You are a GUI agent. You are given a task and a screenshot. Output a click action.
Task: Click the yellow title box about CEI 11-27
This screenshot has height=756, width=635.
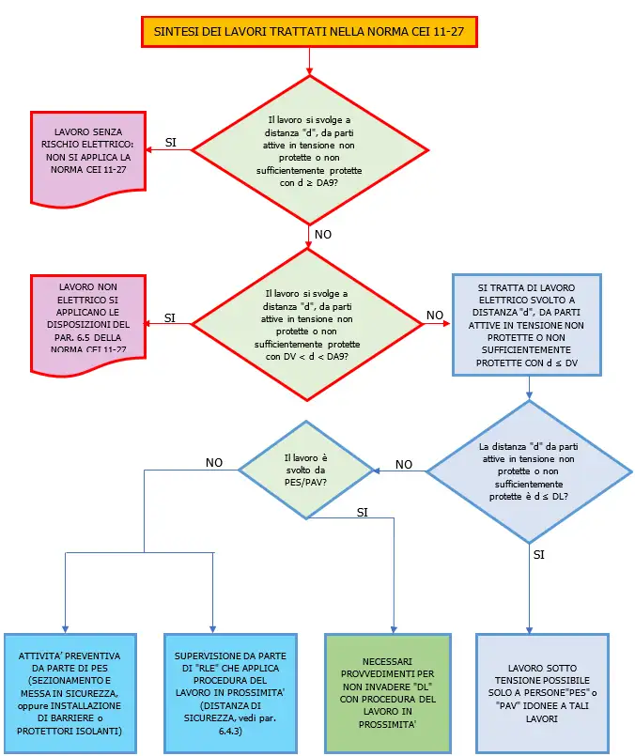308,33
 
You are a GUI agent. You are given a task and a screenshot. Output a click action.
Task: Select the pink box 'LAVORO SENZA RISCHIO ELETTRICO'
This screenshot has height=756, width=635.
92,156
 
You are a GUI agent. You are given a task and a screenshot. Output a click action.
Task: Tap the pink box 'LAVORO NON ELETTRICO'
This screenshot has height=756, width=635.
92,316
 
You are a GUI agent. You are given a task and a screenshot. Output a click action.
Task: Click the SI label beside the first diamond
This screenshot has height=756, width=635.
171,143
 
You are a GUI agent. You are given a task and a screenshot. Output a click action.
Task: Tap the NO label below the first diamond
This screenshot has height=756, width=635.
322,234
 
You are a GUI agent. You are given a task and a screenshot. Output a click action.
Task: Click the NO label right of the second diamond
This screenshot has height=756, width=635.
435,315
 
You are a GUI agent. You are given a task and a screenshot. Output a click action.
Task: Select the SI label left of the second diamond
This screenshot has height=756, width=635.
170,317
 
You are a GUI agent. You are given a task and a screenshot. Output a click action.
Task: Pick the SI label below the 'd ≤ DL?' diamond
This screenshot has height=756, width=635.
538,555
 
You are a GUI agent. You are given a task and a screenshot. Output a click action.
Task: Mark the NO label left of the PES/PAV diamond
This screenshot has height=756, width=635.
214,462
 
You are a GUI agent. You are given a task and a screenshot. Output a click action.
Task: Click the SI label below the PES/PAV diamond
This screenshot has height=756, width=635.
362,512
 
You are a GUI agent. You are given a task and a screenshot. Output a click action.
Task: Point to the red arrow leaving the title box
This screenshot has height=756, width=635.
308,59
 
